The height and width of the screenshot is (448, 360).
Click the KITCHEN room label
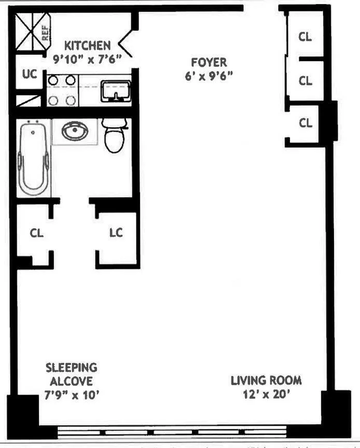[x=87, y=46]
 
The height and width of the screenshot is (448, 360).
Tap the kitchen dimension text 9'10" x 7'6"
[x=87, y=59]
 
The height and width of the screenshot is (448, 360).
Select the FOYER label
[x=209, y=63]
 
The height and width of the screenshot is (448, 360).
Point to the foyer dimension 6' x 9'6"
[x=209, y=76]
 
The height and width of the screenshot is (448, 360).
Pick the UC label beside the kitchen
[x=30, y=74]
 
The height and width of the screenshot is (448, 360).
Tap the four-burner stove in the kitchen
[x=62, y=90]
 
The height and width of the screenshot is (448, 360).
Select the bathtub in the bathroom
[x=33, y=158]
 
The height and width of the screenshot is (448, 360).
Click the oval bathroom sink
[x=74, y=131]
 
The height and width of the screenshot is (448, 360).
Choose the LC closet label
[x=116, y=233]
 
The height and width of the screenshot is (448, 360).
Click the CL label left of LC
[x=36, y=233]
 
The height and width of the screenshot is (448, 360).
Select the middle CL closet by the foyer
[x=306, y=81]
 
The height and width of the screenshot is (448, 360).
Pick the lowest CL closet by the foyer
[x=306, y=123]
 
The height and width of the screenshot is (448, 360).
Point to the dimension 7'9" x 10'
[x=71, y=395]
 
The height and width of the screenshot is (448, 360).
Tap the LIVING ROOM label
[x=266, y=381]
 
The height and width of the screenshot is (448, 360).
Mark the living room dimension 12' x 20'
[x=266, y=395]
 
